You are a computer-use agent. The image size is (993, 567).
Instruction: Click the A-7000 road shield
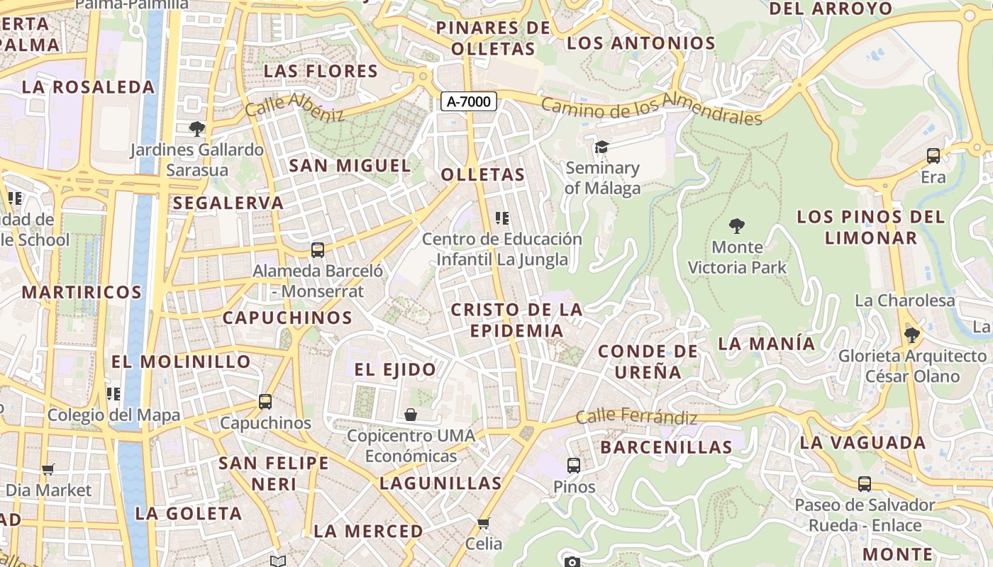click(x=469, y=101)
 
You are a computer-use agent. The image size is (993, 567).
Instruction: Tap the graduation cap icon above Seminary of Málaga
click(x=601, y=147)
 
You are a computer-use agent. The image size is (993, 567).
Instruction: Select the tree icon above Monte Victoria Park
click(x=737, y=226)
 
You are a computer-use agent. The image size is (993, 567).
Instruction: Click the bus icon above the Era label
click(x=933, y=156)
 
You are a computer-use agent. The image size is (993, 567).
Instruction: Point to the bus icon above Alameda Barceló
click(x=318, y=250)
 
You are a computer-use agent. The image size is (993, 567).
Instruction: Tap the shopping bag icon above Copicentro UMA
click(x=411, y=414)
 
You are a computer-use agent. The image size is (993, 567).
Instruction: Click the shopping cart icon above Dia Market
click(x=48, y=469)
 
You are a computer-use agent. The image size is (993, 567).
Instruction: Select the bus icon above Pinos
click(x=574, y=466)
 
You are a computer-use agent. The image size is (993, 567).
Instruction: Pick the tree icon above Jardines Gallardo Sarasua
click(x=197, y=129)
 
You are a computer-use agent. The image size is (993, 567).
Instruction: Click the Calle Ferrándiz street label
click(x=636, y=417)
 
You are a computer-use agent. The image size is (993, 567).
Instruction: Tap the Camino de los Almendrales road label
click(x=651, y=108)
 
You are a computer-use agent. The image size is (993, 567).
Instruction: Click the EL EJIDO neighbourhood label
click(x=395, y=369)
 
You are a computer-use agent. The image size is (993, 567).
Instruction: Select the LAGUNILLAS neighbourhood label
click(x=440, y=483)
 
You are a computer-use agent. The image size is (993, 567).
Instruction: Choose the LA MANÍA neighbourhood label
click(x=767, y=344)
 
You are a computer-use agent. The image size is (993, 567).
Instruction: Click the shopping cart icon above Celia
click(x=484, y=524)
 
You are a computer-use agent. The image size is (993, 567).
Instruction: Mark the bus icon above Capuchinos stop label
click(x=265, y=402)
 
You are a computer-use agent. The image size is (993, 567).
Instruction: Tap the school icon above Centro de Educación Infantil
click(x=502, y=218)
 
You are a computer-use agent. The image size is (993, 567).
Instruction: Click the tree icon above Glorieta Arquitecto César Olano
click(x=912, y=335)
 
